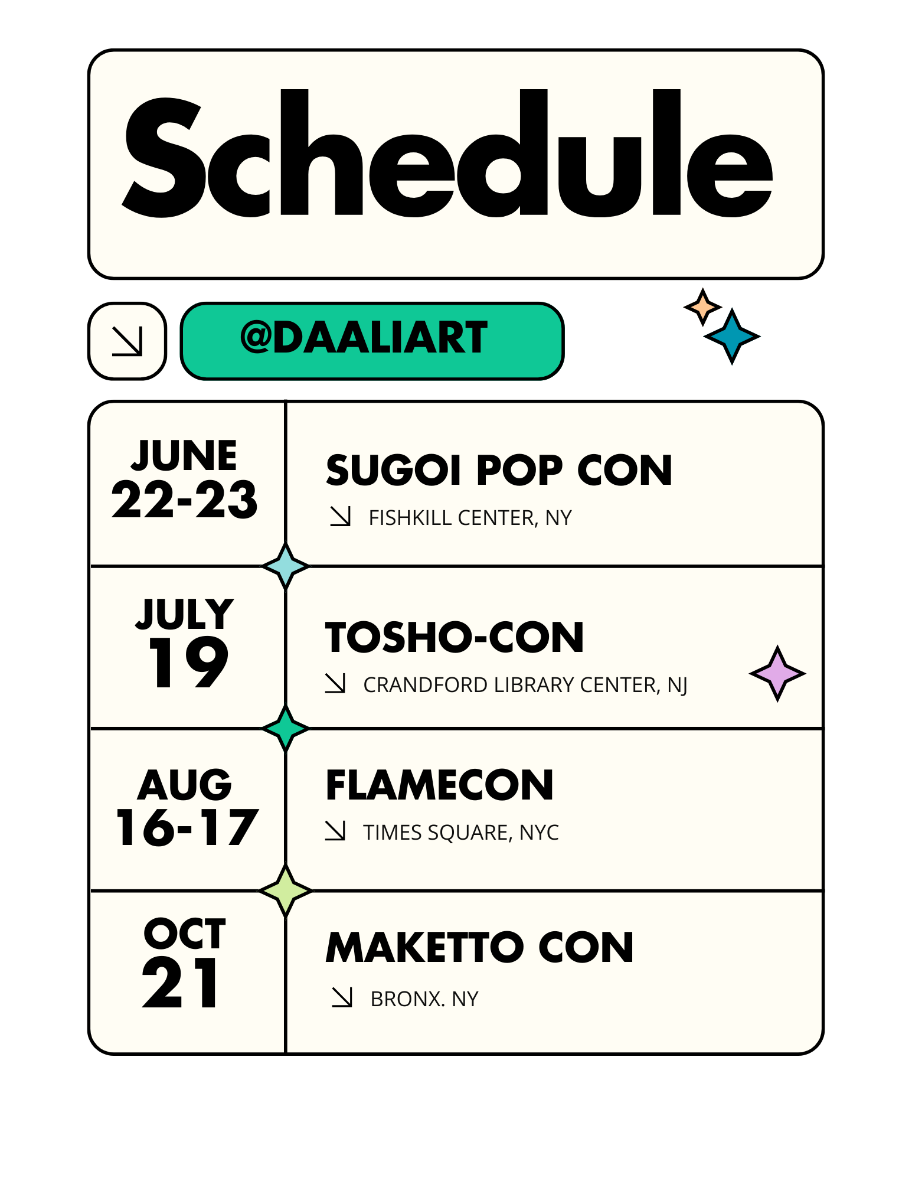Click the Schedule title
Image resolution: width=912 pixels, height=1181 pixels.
(447, 154)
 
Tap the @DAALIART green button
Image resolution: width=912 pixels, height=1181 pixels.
(372, 341)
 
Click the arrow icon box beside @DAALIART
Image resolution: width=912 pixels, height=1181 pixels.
(127, 341)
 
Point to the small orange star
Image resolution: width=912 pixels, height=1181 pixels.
(702, 307)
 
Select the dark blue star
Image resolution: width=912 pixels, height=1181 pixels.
(732, 337)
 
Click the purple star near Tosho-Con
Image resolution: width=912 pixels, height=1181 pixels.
(777, 673)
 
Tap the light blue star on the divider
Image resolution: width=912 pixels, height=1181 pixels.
(286, 566)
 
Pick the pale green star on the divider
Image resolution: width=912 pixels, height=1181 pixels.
(286, 890)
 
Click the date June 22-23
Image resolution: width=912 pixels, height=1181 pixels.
(185, 479)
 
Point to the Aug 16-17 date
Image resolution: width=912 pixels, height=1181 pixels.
(187, 807)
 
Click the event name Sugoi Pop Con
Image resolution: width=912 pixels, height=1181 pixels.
(499, 470)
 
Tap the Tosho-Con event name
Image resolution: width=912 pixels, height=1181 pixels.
(455, 638)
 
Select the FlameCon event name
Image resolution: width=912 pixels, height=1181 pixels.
(440, 785)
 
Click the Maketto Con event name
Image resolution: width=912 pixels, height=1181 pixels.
(479, 948)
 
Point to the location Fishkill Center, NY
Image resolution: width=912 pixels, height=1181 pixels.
(470, 518)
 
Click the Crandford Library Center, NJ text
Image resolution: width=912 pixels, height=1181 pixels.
(525, 685)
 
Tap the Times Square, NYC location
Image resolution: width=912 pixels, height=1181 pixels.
(461, 833)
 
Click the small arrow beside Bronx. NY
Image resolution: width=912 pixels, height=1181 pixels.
(342, 997)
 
